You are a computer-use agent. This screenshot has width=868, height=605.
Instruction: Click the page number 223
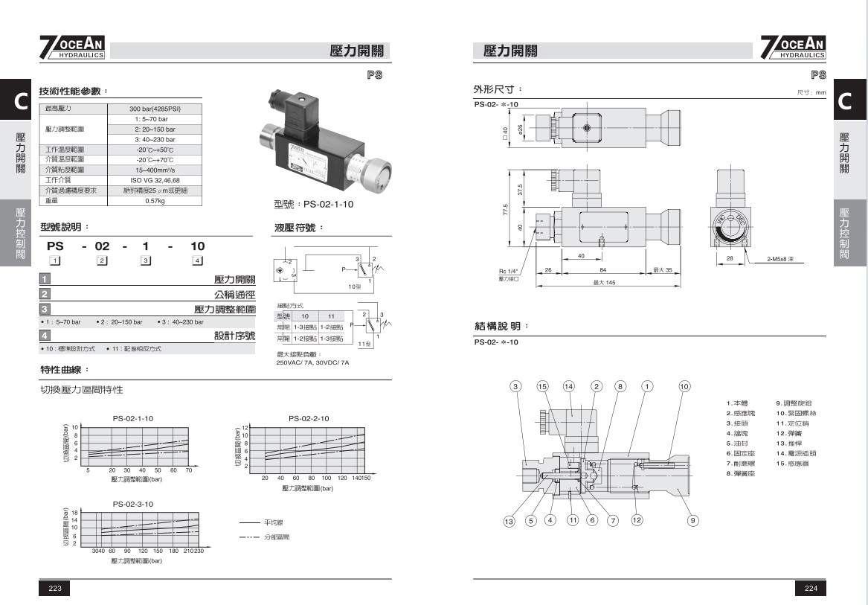[x=54, y=588]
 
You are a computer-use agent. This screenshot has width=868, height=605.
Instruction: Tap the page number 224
[x=811, y=588]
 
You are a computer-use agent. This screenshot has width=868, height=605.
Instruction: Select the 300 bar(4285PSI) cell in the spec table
[x=155, y=109]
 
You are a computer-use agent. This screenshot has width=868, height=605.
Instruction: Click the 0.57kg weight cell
[x=155, y=200]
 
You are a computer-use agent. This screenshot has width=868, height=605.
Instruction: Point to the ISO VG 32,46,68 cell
[x=155, y=180]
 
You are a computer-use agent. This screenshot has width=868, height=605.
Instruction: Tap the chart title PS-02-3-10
[x=133, y=504]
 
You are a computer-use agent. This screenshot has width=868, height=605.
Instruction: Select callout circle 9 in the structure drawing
[x=692, y=520]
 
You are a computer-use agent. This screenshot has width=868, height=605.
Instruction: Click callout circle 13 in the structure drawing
[x=509, y=521]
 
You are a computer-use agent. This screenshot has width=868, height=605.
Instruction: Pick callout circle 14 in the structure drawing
[x=569, y=386]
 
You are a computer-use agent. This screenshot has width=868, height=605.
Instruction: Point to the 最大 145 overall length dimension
[x=604, y=283]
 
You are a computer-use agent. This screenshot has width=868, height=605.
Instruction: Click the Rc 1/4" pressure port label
[x=508, y=270]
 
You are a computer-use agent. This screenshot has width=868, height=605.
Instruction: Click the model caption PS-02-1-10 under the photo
[x=314, y=205]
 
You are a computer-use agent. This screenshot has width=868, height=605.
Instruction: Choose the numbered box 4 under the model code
[x=197, y=260]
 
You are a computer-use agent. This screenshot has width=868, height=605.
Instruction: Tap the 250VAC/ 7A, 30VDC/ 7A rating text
[x=312, y=362]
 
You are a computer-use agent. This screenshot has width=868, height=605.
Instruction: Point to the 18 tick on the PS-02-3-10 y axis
[x=74, y=514]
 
